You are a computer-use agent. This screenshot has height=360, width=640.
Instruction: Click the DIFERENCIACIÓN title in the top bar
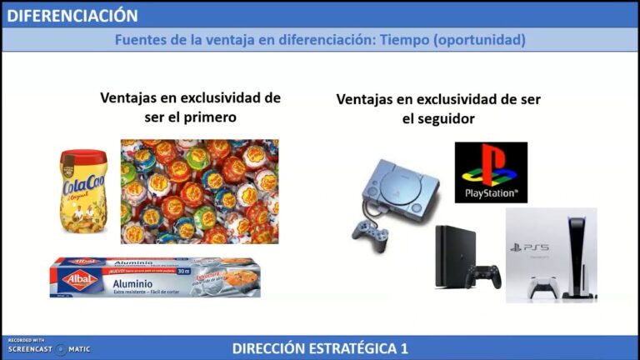tap(72, 15)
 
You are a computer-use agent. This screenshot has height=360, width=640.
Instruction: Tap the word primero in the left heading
tap(206, 117)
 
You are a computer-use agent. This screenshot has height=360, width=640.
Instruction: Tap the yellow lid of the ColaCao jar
tap(83, 157)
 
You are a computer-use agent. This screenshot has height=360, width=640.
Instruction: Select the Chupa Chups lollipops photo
tap(199, 191)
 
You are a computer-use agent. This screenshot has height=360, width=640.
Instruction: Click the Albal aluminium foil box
tap(155, 277)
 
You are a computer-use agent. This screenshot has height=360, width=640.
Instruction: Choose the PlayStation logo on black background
tap(491, 172)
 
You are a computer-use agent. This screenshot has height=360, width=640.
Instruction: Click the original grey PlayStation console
tap(400, 187)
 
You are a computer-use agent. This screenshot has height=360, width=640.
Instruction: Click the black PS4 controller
tap(483, 276)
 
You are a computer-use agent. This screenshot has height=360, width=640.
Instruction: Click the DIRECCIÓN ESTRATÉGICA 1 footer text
tap(320, 348)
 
